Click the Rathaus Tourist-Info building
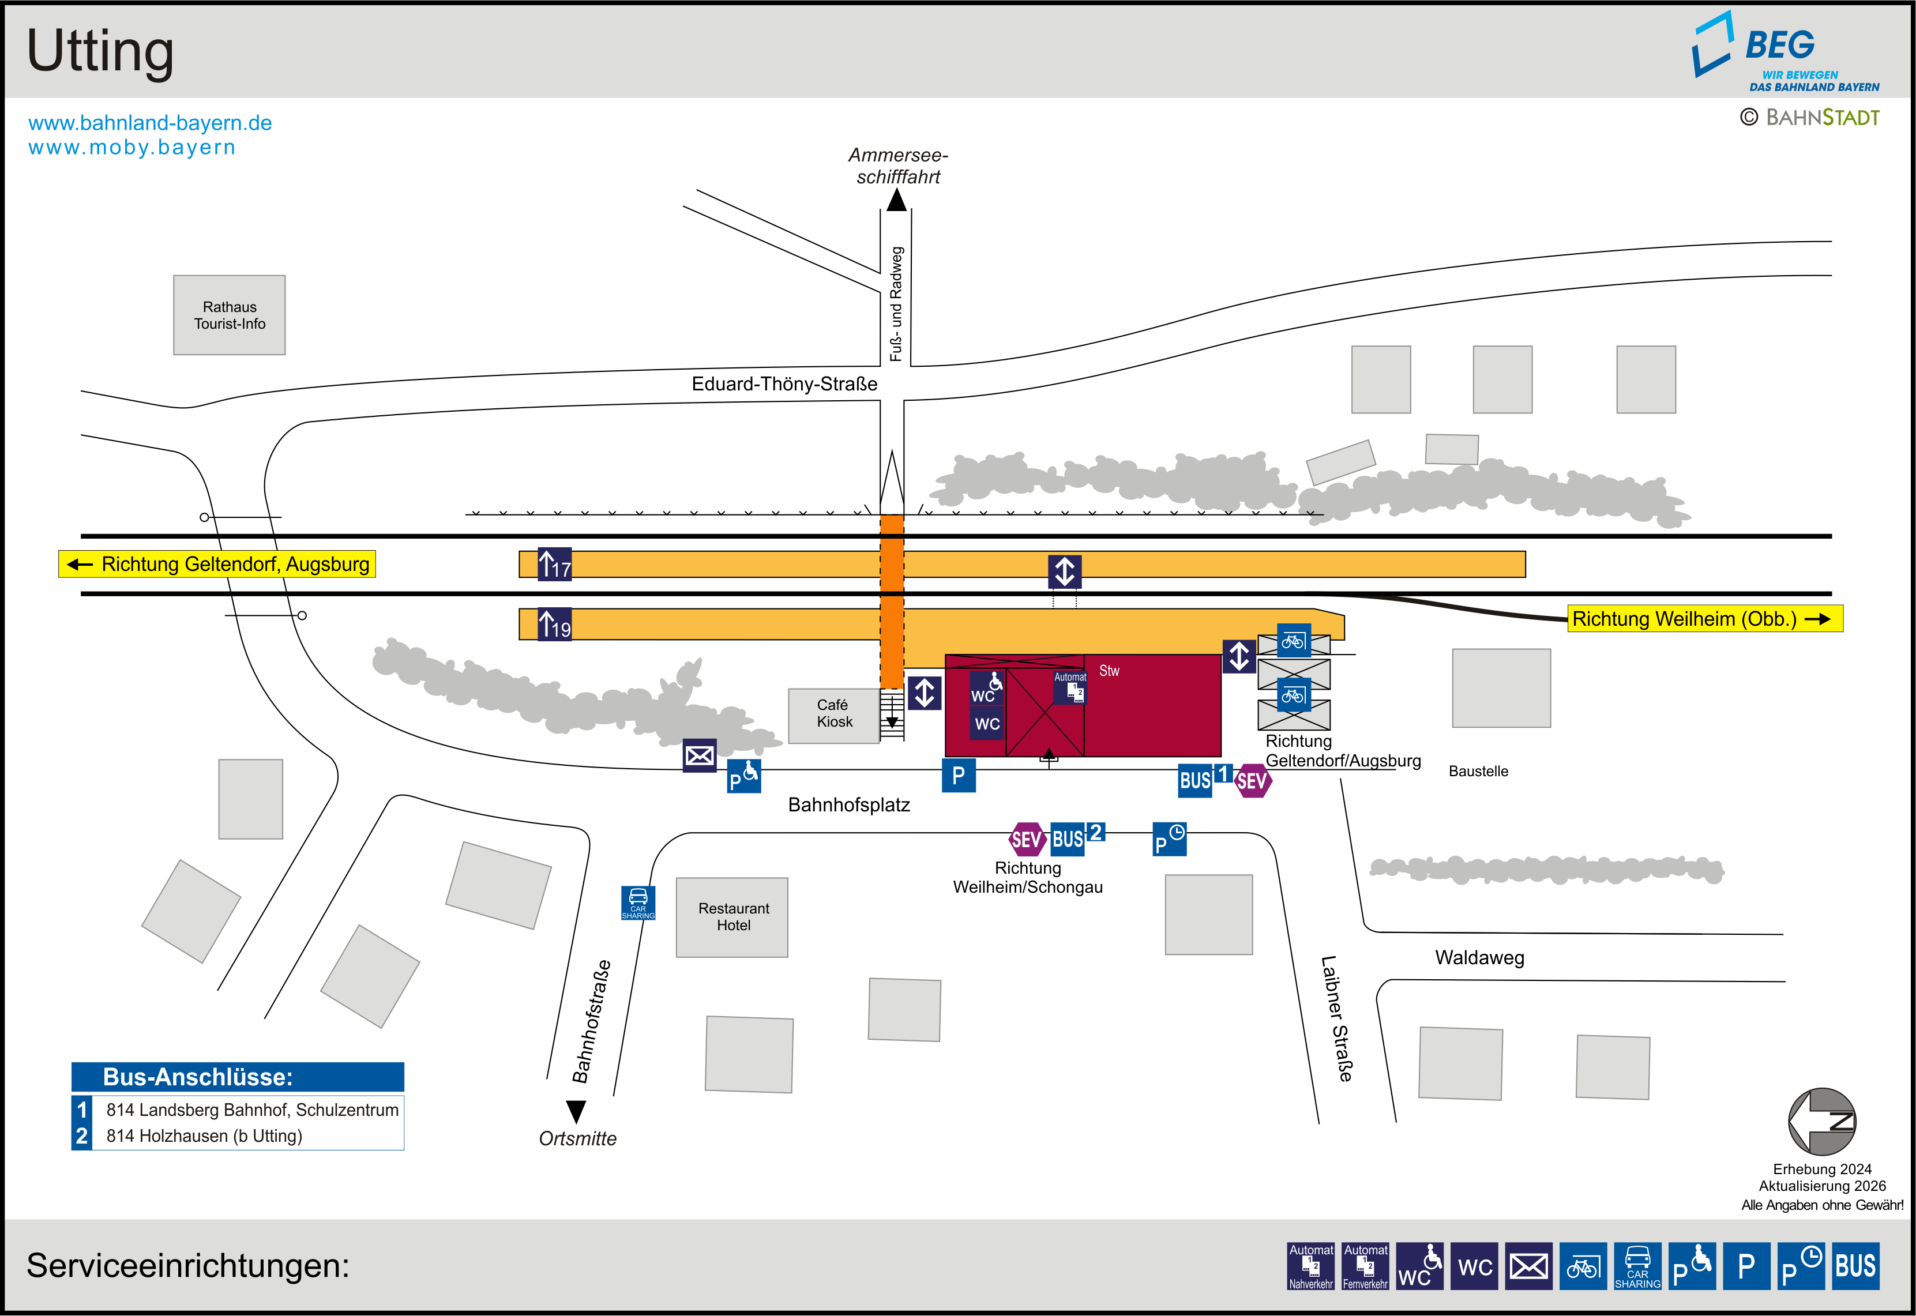(x=229, y=315)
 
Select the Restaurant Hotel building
(x=732, y=917)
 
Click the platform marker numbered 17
(x=554, y=565)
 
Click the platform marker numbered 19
(x=554, y=624)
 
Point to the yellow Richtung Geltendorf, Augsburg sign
(x=217, y=564)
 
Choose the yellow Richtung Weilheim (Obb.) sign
(x=1704, y=618)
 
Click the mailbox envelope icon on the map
(x=699, y=755)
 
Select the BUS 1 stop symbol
(x=1206, y=779)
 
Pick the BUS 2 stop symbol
(x=1077, y=838)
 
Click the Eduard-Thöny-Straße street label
(x=784, y=384)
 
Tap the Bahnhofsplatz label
(x=848, y=805)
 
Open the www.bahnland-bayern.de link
(x=150, y=123)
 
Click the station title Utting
(x=100, y=51)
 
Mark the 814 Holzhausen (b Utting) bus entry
(x=204, y=1135)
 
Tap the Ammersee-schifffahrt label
(x=898, y=166)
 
